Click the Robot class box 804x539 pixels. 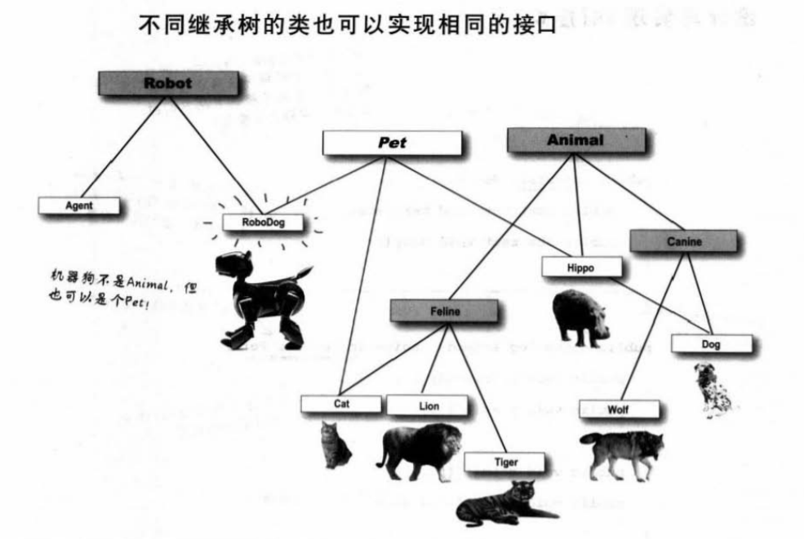tap(169, 83)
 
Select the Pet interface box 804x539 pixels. tap(392, 143)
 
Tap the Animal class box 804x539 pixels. tap(575, 140)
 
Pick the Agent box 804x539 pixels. tap(79, 205)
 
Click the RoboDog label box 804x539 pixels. tap(264, 221)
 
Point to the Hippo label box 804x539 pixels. tap(581, 267)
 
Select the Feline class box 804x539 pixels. tap(444, 311)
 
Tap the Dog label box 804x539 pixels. tap(710, 344)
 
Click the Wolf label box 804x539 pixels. tap(617, 409)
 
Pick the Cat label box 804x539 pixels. tap(341, 403)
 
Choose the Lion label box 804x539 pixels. tap(427, 405)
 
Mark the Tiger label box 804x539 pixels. tap(505, 462)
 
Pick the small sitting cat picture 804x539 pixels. tap(335, 446)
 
